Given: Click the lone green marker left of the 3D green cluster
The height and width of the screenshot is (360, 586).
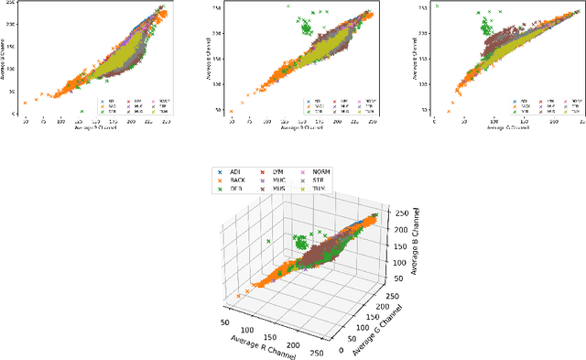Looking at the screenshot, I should pos(267,242).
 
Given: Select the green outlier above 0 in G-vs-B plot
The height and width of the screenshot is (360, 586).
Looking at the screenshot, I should pos(436,6).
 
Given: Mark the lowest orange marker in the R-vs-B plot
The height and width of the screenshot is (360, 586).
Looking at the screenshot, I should pos(25,103).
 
